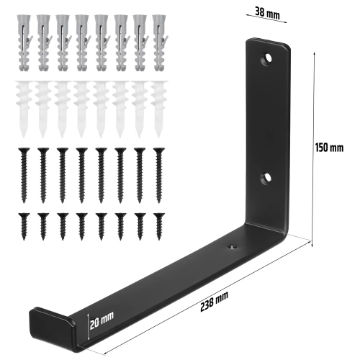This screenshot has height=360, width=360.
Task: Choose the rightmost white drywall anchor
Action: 158,108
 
